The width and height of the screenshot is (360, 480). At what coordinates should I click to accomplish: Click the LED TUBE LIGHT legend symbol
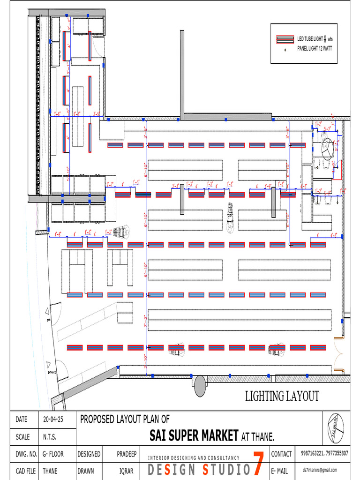[285, 39]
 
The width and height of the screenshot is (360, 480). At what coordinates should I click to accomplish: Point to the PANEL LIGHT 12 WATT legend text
[315, 48]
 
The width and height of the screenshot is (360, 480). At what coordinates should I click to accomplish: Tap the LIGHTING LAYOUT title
[282, 397]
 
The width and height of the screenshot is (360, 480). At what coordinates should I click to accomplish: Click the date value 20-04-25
[52, 420]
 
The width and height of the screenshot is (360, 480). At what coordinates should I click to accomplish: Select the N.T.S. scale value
[50, 437]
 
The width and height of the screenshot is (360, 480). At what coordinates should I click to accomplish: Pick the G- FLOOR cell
[53, 454]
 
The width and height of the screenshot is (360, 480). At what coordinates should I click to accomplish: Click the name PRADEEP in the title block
[127, 454]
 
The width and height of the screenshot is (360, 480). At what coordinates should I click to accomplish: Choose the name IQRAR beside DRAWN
[127, 471]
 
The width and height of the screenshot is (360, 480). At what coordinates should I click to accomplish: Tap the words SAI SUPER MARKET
[194, 436]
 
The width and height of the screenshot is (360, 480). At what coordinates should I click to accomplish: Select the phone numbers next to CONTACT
[325, 453]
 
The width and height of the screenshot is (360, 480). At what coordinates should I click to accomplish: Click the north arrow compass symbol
[336, 428]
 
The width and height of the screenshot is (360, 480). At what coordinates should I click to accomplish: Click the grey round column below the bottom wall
[200, 386]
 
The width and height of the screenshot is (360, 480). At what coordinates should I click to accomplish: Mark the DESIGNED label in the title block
[89, 454]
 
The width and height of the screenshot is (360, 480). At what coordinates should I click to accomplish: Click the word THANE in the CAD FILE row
[50, 471]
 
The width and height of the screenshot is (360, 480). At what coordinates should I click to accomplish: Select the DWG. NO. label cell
[26, 454]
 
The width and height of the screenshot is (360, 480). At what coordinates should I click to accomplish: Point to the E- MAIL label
[281, 471]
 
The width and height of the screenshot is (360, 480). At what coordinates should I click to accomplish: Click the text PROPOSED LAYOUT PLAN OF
[125, 419]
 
